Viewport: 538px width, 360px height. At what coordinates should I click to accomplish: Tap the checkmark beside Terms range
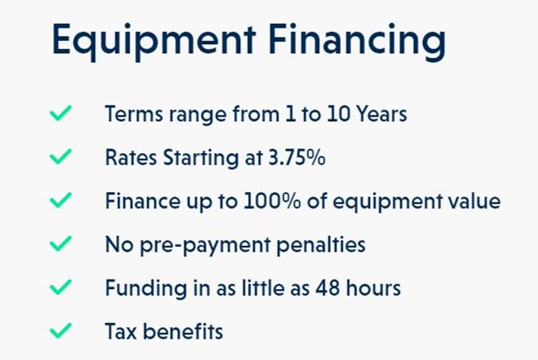point(61,113)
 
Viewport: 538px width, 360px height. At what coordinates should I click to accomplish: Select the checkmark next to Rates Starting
point(61,156)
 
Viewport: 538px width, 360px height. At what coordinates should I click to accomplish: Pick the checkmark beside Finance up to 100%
point(61,200)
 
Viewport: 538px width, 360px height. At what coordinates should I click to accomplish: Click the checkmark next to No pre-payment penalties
point(61,243)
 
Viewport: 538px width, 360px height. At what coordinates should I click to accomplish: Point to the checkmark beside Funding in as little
point(61,287)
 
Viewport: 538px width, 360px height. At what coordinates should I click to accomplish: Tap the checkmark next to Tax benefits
point(61,331)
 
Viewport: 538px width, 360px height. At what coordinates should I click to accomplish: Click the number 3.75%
point(297,158)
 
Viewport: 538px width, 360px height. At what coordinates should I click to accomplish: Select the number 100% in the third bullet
point(272,201)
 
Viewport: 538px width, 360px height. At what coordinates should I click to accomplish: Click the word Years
point(381,114)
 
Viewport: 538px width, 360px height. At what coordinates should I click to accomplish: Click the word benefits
point(183,331)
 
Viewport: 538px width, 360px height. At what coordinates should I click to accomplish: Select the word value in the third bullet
point(474,201)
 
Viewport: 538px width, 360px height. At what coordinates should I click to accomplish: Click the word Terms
point(134,114)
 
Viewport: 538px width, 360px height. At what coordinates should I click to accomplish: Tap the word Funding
point(146,288)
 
